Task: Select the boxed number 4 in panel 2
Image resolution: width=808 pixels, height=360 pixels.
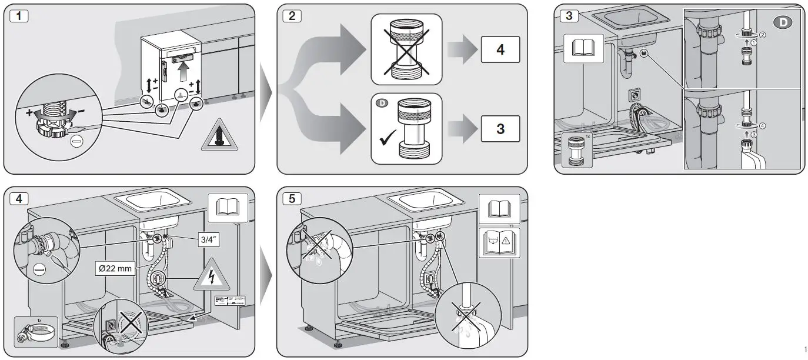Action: pyautogui.click(x=500, y=49)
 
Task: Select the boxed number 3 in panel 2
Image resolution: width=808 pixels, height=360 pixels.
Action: pyautogui.click(x=500, y=128)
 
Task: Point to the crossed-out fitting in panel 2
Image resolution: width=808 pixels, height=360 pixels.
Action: pyautogui.click(x=406, y=49)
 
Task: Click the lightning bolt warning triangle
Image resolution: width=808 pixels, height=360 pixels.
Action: pyautogui.click(x=210, y=278)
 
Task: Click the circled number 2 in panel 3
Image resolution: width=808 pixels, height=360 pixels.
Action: pyautogui.click(x=763, y=35)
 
